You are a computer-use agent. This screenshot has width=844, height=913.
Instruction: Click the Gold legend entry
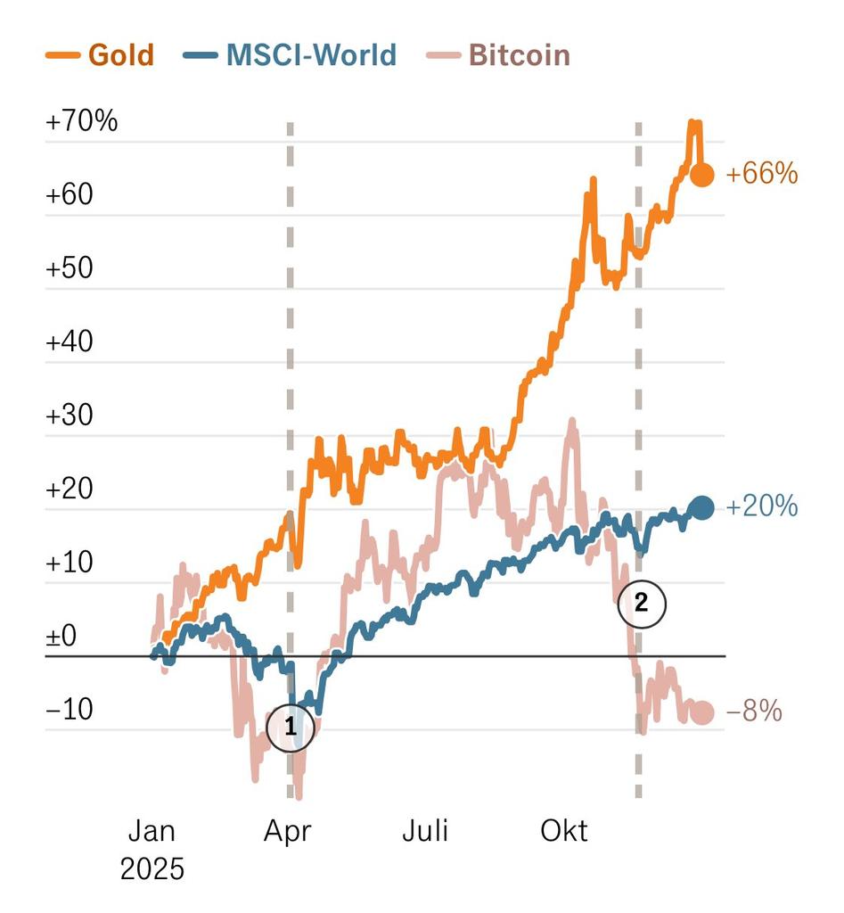point(100,55)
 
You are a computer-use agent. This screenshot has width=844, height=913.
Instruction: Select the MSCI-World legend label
point(291,55)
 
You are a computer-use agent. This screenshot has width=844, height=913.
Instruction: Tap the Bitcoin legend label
point(519,55)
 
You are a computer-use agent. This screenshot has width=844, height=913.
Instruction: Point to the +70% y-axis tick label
point(81,121)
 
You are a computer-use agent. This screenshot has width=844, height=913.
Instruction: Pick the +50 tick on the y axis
point(70,268)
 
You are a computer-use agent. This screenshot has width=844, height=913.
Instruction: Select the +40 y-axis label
point(70,342)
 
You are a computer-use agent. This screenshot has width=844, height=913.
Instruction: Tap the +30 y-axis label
point(70,416)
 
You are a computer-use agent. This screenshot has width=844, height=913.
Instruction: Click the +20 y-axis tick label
point(70,490)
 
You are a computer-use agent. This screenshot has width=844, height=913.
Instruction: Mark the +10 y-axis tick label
point(70,564)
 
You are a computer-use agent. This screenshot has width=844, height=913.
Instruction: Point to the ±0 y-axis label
point(61,637)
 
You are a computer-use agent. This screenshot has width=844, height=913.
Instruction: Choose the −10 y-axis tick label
point(70,711)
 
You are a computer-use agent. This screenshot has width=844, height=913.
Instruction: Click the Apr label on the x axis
point(288,832)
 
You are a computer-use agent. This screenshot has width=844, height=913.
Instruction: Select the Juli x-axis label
point(425,832)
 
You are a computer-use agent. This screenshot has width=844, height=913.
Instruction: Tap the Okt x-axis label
point(564,832)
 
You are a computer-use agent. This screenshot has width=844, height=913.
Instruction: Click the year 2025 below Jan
point(152,869)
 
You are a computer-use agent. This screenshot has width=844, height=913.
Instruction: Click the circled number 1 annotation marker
point(291,728)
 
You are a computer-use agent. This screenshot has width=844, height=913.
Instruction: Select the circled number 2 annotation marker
point(642,604)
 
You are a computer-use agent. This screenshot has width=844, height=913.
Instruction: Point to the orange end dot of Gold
point(702,175)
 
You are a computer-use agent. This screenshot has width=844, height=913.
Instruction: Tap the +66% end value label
point(762,174)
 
